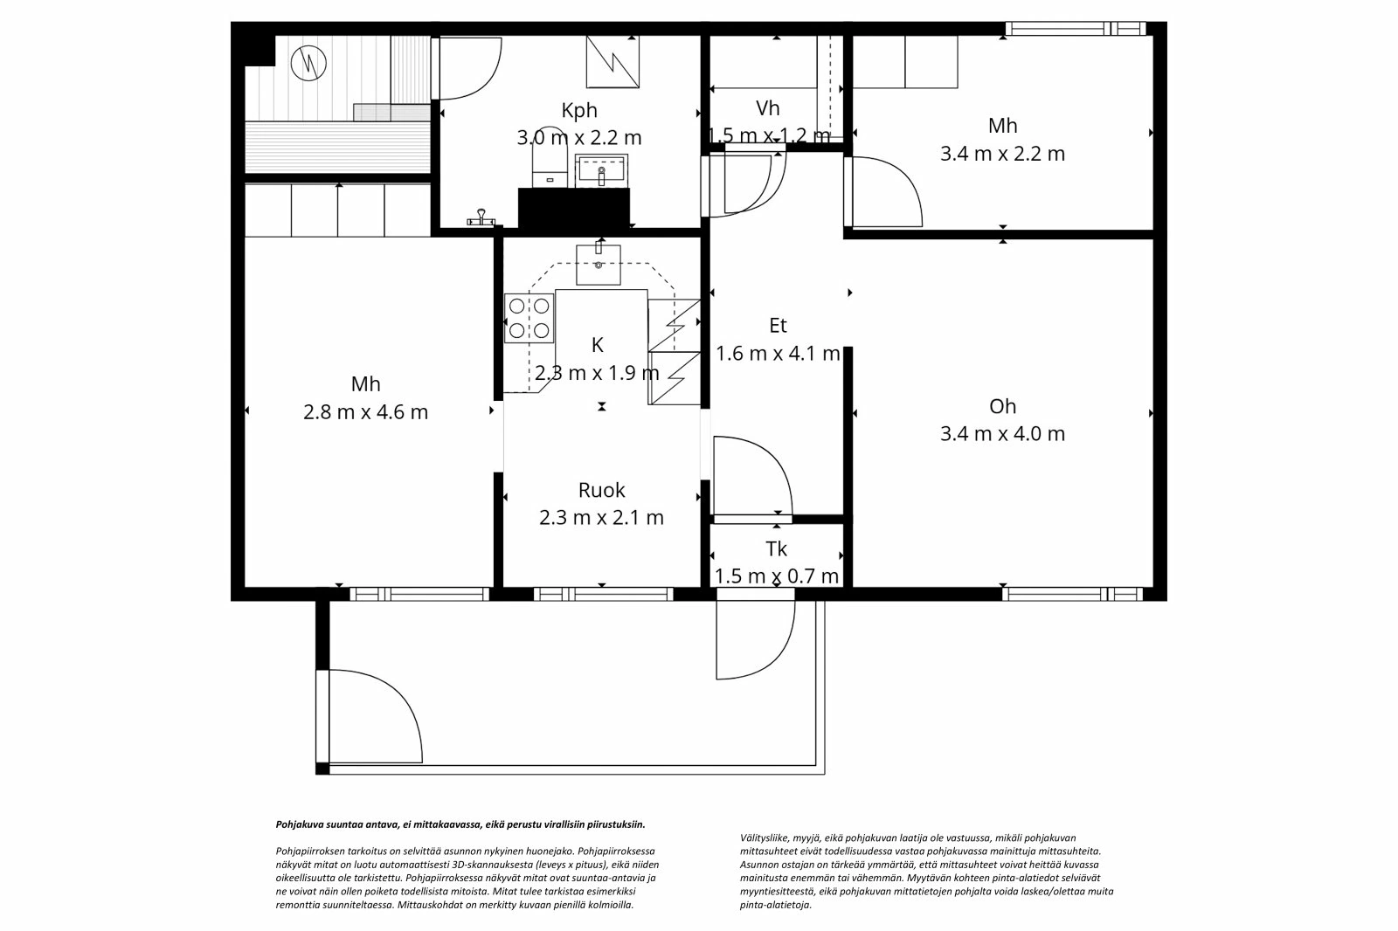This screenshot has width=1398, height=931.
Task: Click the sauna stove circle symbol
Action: coord(308,63)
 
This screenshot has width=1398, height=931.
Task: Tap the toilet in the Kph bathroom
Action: coord(550,166)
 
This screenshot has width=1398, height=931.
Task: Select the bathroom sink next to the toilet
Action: coord(601,170)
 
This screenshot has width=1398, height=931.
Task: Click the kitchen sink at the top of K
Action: coord(599,265)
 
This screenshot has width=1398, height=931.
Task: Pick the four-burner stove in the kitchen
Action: coord(529,318)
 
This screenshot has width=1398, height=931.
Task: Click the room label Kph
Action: coord(579,110)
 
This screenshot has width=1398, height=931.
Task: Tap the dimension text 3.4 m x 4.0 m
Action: coord(1002,433)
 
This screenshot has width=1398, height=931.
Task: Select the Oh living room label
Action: coord(1002,406)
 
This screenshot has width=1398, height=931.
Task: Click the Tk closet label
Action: coord(776,548)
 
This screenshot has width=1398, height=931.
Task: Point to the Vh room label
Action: coord(767,108)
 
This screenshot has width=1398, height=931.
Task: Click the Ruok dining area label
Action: coord(601,490)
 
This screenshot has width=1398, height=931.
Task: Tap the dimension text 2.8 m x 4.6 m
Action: coord(365,412)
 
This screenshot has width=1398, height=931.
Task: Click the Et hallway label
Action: coord(778,326)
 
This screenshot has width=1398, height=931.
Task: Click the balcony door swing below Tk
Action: coord(751,638)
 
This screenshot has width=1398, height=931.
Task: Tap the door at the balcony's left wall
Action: coord(367,716)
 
